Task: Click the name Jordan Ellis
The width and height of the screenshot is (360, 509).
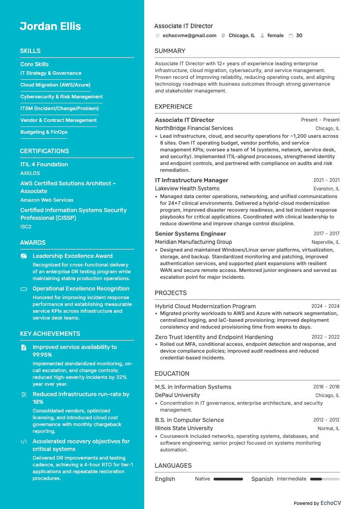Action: [50, 26]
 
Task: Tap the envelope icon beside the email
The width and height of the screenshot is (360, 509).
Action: [157, 35]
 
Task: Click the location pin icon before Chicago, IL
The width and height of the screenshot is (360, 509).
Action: [224, 35]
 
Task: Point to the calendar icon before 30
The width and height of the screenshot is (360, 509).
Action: [291, 35]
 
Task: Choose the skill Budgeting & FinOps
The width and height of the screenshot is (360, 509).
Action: [44, 132]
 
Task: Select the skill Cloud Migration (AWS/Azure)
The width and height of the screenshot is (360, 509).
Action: [55, 85]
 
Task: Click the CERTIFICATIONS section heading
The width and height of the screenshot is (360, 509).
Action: [44, 151]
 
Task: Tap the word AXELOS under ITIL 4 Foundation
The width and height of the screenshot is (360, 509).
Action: [30, 173]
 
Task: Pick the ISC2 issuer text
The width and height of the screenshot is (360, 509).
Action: [26, 227]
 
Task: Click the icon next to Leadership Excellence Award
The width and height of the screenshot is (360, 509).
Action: [24, 256]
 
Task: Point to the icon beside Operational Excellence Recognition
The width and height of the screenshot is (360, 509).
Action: [24, 289]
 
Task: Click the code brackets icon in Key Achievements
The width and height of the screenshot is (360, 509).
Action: [24, 441]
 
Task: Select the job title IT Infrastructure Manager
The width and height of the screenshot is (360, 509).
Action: [192, 180]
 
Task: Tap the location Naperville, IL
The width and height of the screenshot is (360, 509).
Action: [325, 242]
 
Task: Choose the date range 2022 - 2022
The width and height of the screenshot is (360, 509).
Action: [325, 337]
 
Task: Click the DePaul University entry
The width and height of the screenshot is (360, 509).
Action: [177, 395]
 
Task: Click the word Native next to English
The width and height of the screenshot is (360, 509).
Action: [203, 479]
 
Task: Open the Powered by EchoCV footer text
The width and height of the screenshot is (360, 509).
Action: [317, 503]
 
